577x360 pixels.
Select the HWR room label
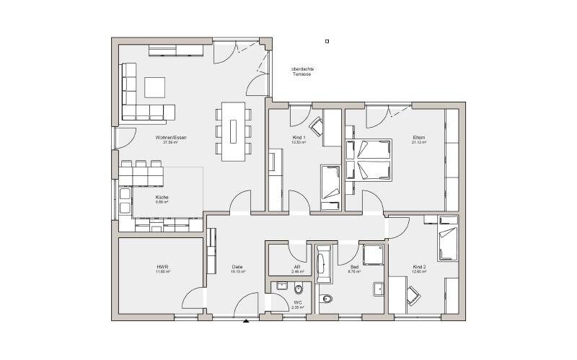point(162,268)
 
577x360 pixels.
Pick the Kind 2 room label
point(419,268)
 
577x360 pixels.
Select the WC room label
point(297,304)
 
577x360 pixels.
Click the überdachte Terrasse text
point(302,71)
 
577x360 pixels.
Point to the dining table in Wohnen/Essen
point(233,131)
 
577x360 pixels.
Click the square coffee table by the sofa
point(154,87)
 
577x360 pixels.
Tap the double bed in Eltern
point(369,159)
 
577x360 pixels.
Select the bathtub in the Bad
point(322,265)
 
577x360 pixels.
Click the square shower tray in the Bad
point(374,255)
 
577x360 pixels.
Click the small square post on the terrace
point(327,41)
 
